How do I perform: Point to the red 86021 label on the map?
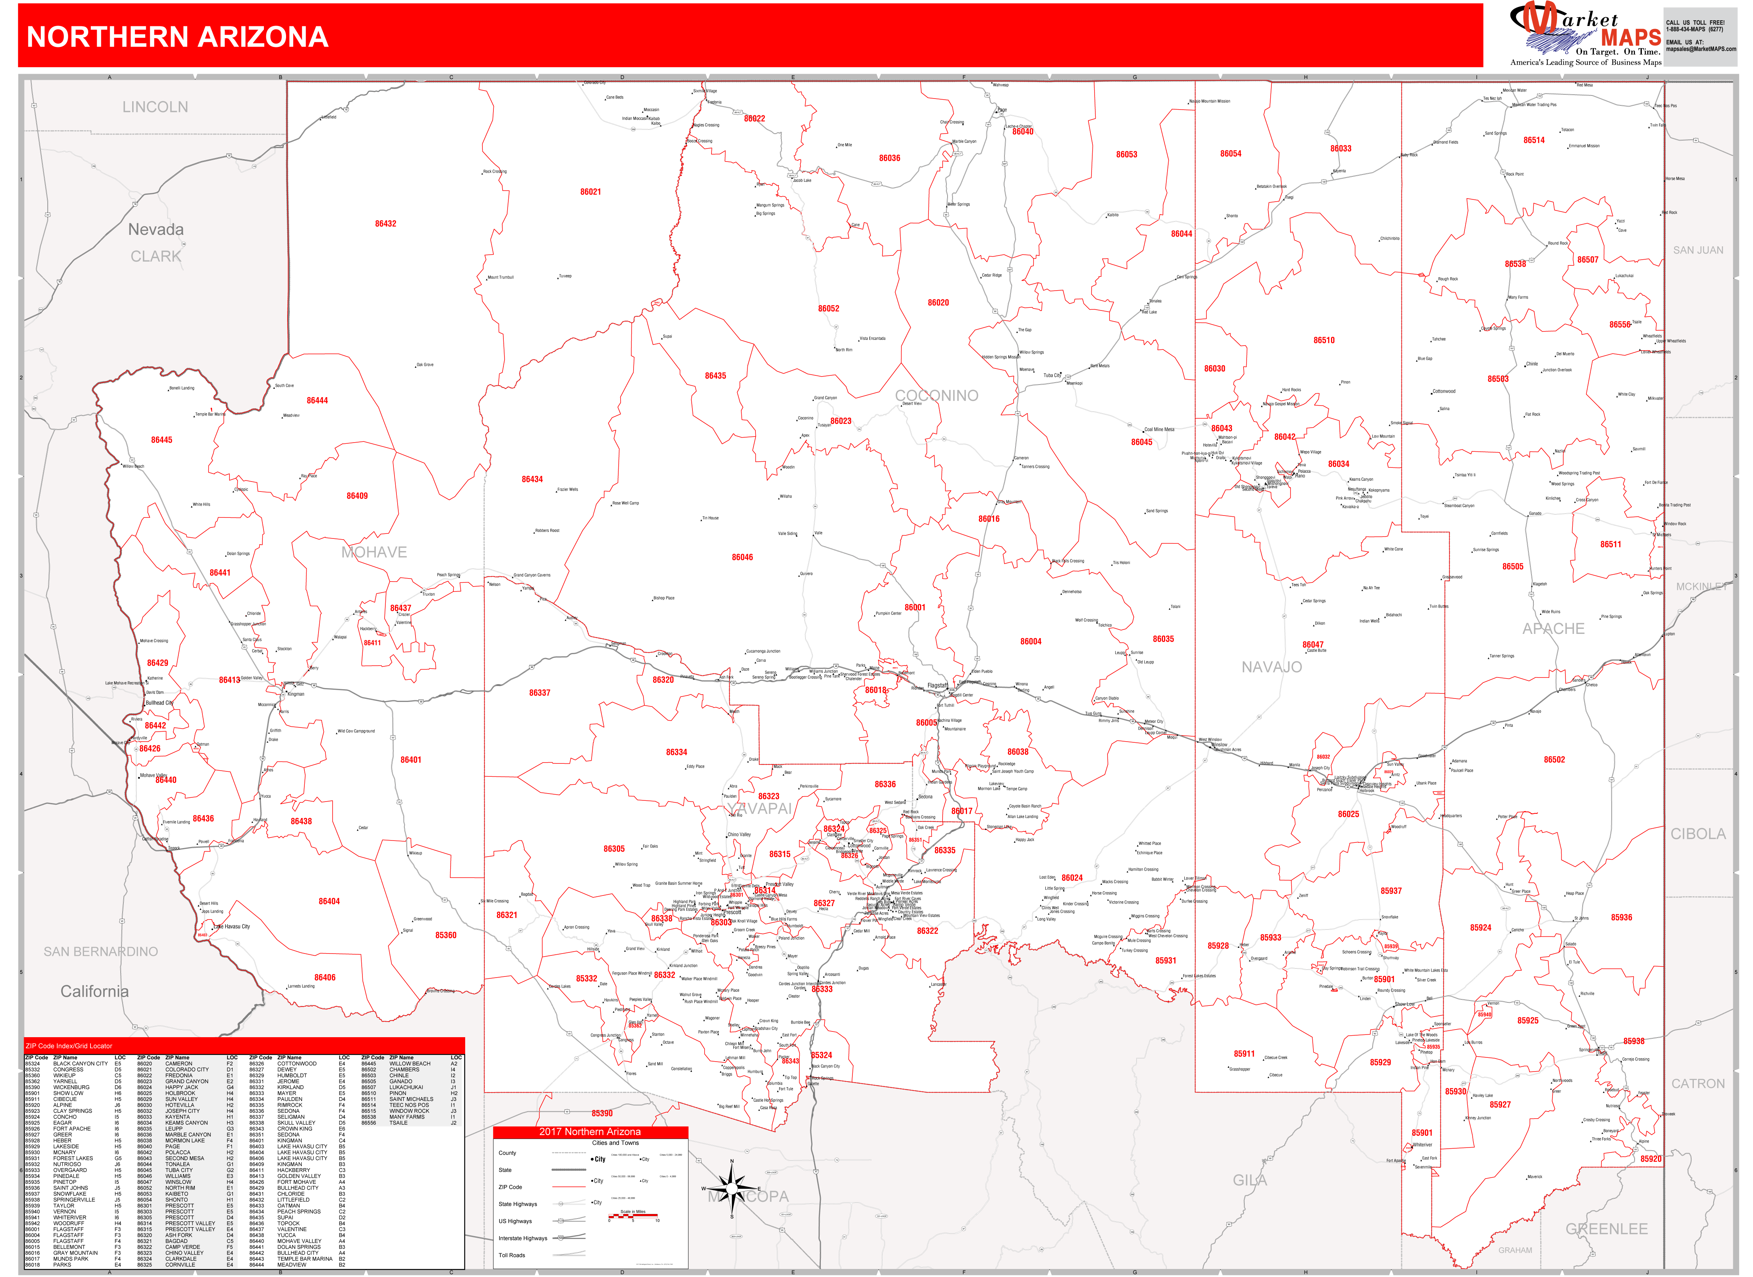coord(590,192)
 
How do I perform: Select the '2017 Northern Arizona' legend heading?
coord(590,1132)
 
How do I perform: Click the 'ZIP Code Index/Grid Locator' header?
coord(69,1046)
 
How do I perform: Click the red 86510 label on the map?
coord(1323,340)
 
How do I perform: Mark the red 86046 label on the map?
coord(742,557)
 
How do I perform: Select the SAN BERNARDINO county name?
coord(100,952)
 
